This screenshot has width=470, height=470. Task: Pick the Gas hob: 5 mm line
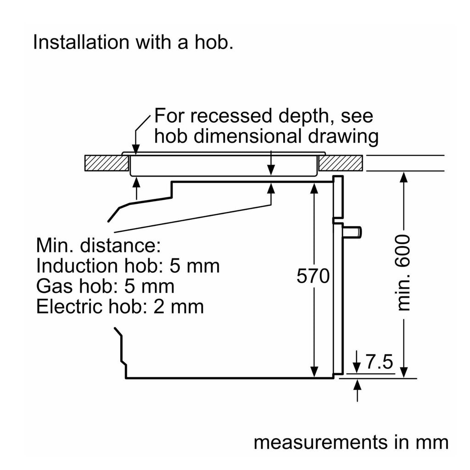pos(105,286)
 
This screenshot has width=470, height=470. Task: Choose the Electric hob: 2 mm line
pos(119,306)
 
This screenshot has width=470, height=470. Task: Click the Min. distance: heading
pos(98,246)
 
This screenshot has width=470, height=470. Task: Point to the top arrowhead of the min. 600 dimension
pos(403,176)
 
